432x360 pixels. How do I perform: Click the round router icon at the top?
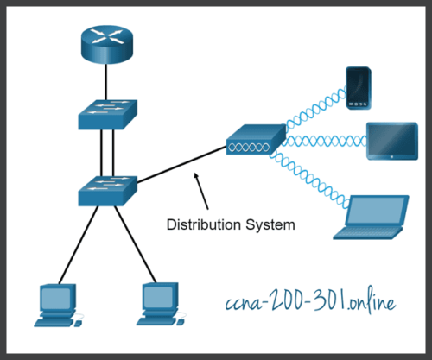click(x=106, y=42)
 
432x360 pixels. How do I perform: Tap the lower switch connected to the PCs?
click(x=106, y=189)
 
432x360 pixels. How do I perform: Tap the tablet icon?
click(x=391, y=141)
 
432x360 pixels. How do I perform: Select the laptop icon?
click(x=373, y=218)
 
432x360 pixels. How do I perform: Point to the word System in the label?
click(x=269, y=224)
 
